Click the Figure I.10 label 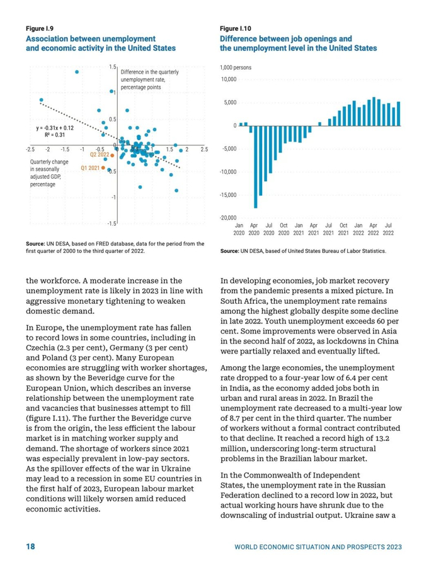[x=236, y=29]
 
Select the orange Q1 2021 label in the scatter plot [x=91, y=169]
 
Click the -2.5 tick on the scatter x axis [x=30, y=150]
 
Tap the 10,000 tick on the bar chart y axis [x=228, y=79]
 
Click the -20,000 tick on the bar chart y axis [x=227, y=218]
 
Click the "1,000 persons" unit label [x=236, y=67]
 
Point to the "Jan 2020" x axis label [x=239, y=228]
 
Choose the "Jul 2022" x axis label [x=388, y=228]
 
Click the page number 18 [x=30, y=546]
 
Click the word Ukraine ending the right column [x=386, y=517]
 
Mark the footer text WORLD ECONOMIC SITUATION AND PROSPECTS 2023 [x=318, y=547]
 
